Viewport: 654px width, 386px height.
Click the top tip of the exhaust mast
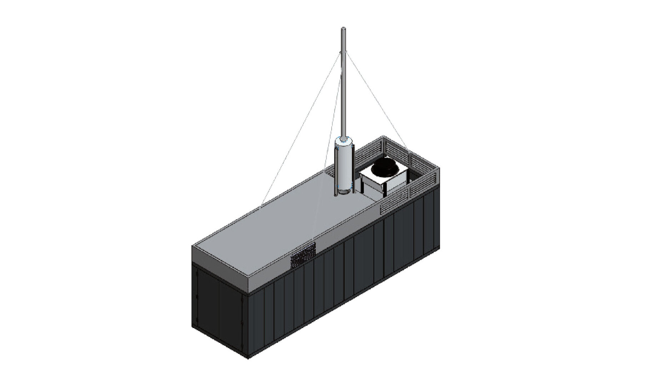343,28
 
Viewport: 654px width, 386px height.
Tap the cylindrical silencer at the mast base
343,166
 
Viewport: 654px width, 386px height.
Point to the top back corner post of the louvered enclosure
383,137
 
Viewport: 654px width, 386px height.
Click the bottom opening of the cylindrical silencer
343,193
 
